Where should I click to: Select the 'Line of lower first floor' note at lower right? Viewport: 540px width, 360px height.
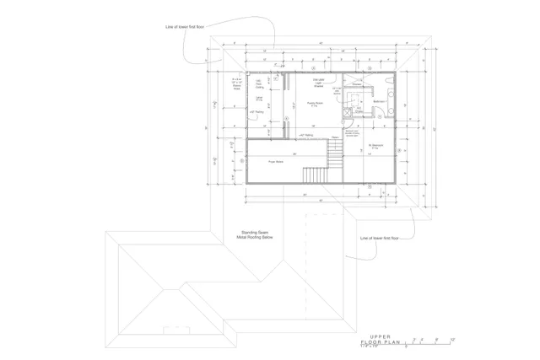click(x=377, y=238)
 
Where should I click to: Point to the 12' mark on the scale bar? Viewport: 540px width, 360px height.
click(x=453, y=339)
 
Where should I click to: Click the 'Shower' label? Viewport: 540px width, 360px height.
click(x=357, y=84)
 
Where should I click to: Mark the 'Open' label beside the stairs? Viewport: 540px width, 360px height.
click(x=335, y=137)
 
